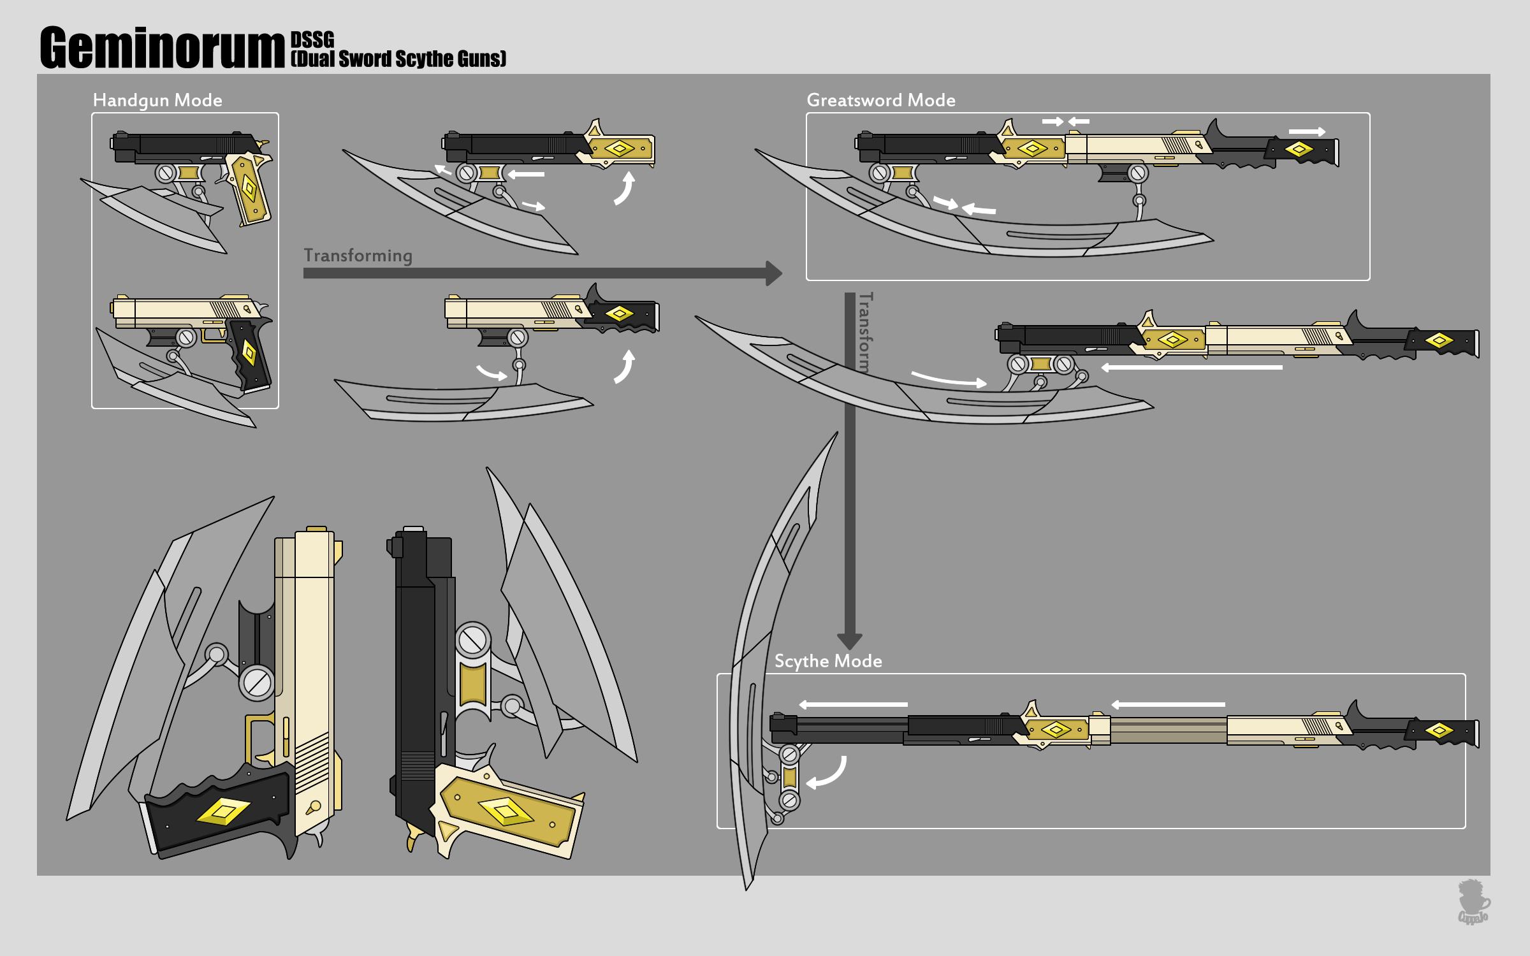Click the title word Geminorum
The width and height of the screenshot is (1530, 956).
click(x=162, y=48)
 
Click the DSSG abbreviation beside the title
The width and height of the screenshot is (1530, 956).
click(x=312, y=40)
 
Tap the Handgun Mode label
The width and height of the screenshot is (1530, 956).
click(x=157, y=100)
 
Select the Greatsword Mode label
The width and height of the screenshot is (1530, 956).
click(x=880, y=100)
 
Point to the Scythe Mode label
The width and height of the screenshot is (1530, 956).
click(x=827, y=661)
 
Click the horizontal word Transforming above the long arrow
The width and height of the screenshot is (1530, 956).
click(x=358, y=256)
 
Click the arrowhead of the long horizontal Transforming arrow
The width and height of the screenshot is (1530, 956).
click(x=773, y=273)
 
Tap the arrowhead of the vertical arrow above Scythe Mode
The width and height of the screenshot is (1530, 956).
click(x=849, y=641)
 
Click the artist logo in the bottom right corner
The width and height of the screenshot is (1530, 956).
click(x=1473, y=902)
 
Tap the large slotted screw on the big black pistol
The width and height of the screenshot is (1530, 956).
click(x=473, y=640)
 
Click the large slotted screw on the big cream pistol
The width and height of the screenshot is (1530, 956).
click(x=257, y=683)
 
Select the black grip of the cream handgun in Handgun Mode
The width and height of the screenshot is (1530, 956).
click(x=250, y=354)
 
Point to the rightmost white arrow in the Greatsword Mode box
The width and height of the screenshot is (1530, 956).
click(x=1307, y=132)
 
